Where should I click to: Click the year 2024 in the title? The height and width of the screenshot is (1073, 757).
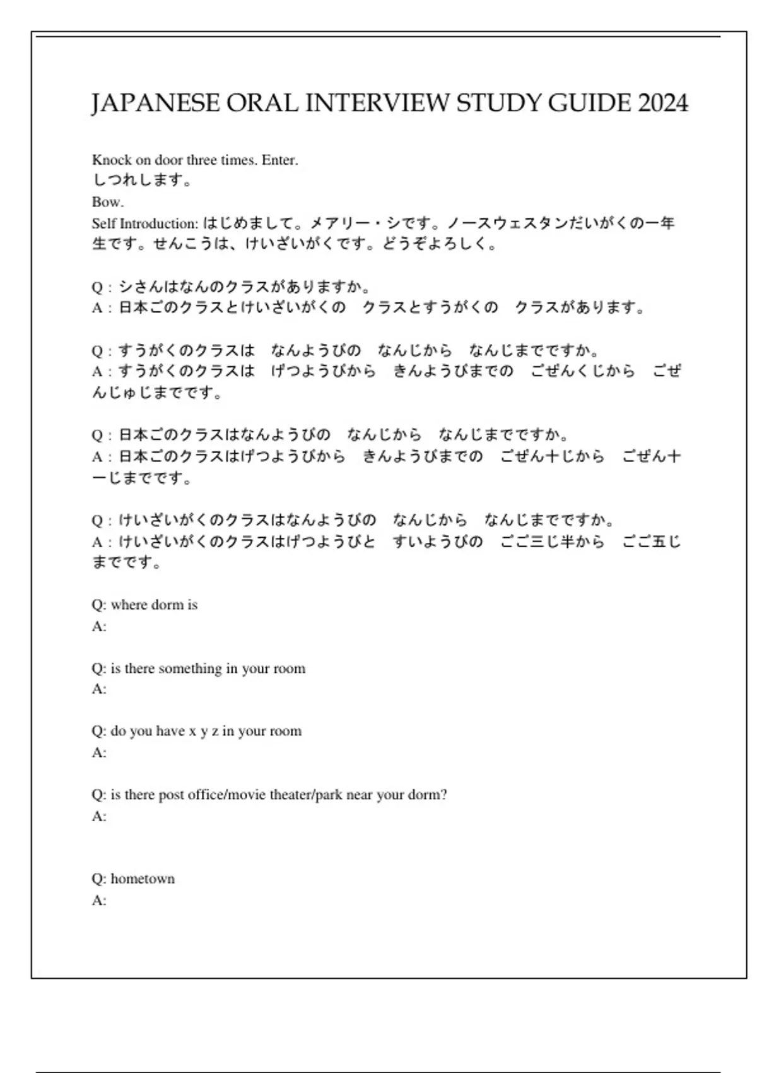[662, 103]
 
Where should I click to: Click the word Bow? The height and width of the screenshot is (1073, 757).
[107, 203]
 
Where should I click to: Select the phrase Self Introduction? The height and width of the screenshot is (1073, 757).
[145, 224]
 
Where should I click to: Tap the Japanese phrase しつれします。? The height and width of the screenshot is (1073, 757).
[143, 181]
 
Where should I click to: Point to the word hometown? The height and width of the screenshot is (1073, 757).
[143, 879]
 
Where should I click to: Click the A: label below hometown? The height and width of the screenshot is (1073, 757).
[99, 901]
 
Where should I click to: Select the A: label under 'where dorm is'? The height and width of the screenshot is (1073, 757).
[99, 627]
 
